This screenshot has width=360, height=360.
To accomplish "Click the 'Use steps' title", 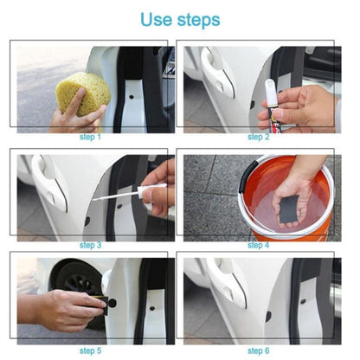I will click(179, 19).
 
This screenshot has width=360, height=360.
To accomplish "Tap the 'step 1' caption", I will click(90, 137).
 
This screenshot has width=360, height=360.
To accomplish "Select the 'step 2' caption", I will click(259, 137).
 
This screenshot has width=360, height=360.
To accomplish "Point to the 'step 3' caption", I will click(90, 245).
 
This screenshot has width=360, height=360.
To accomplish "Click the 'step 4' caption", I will click(259, 245).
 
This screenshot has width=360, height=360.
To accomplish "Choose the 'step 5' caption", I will click(90, 350).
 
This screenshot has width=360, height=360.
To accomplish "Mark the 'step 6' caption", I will click(259, 350).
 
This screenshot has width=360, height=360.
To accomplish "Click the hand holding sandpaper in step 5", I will click(61, 306).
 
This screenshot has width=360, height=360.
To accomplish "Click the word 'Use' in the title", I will click(157, 19).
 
